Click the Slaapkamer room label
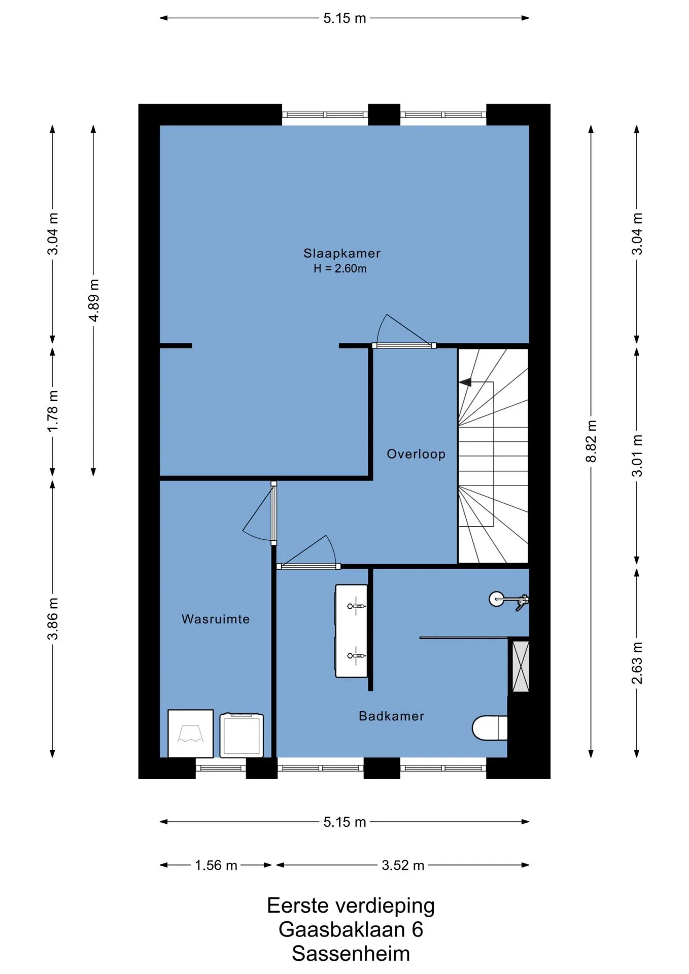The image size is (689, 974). tap(341, 253)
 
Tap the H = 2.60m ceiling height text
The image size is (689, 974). tap(340, 269)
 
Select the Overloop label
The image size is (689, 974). tap(416, 454)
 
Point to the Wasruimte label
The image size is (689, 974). tap(216, 619)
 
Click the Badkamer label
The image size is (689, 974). tap(391, 716)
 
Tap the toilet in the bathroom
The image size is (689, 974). tap(490, 728)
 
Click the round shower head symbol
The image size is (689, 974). tap(497, 599)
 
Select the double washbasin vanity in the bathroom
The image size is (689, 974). tap(351, 631)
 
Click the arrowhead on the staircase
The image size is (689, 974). tap(464, 382)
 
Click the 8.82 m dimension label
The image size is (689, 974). tap(591, 441)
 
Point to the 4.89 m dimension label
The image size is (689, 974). tap(94, 300)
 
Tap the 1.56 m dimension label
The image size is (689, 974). tap(216, 865)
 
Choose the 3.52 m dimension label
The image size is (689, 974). tap(403, 865)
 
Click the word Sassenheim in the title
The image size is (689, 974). tap(351, 953)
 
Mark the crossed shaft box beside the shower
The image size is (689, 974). tap(521, 666)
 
